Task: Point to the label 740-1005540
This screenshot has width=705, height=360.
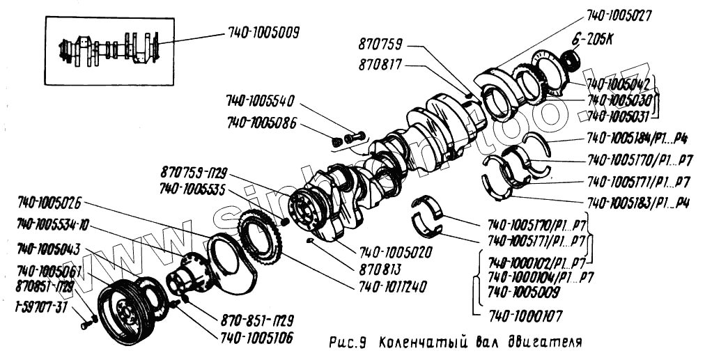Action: (261, 99)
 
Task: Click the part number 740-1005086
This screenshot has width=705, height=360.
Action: (261, 123)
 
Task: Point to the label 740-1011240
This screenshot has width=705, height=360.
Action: (393, 285)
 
